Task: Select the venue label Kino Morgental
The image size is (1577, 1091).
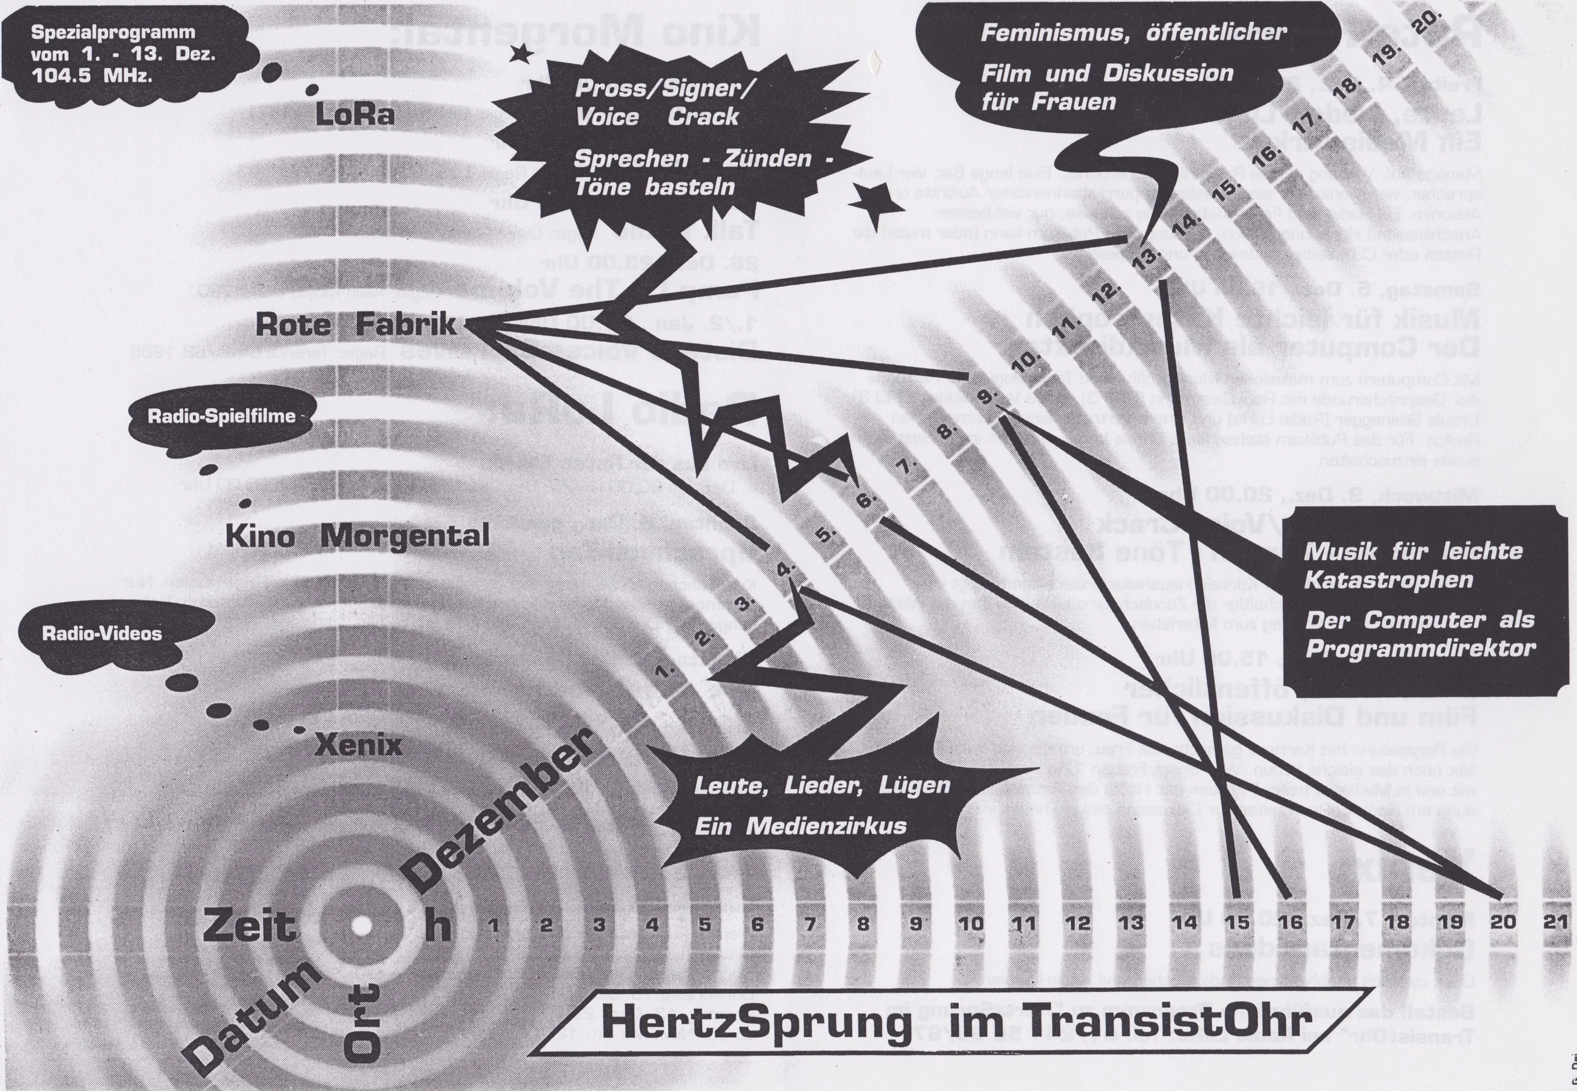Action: coord(357,536)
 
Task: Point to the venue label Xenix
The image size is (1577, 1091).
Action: coord(358,745)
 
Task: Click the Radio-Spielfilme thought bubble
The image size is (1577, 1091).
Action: coord(222,416)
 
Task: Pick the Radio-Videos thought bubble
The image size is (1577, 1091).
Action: coord(103,633)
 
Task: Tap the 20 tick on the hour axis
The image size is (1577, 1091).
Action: coord(1503,921)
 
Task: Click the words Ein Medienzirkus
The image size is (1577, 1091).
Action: coord(800,826)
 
